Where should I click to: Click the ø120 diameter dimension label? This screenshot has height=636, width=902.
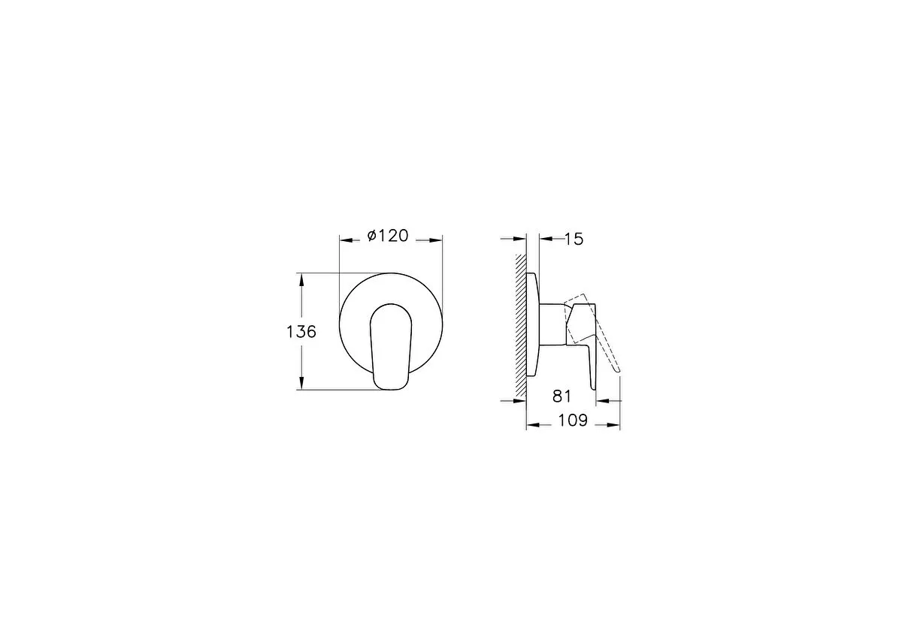pos(388,236)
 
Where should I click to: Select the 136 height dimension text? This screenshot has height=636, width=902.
pos(301,332)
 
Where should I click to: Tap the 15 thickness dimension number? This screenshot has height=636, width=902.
pos(574,240)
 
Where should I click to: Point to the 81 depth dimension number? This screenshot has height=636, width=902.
pos(561,396)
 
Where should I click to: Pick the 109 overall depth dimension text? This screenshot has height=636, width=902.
pos(573,420)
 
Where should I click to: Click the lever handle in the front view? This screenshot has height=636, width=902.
pos(391,347)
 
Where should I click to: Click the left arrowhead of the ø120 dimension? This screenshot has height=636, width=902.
pos(347,240)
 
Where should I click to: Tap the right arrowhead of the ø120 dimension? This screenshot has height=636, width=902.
pos(436,240)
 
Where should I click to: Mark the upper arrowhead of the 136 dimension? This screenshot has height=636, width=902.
pos(301,280)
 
